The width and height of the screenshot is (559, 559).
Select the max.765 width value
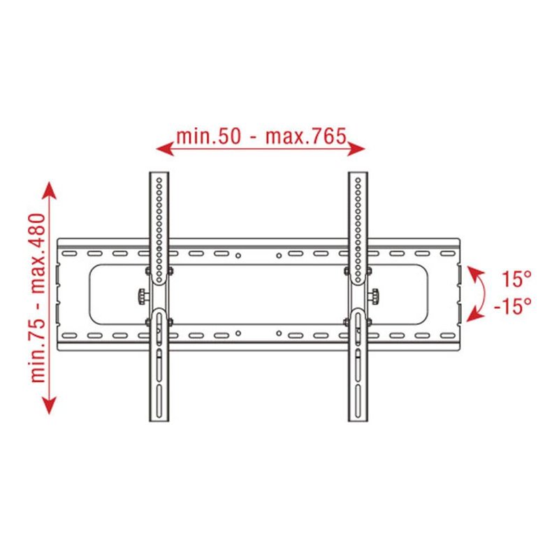305,136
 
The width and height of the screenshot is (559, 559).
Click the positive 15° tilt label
516,279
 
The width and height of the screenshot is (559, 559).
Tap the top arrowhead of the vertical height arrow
50,188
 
